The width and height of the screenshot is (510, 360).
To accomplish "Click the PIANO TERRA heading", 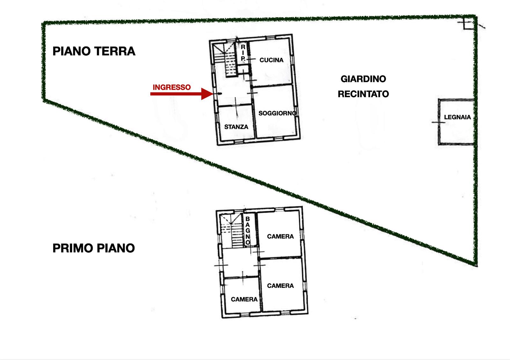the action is tap(94, 51).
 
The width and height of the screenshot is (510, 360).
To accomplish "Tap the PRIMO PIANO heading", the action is tap(94, 248).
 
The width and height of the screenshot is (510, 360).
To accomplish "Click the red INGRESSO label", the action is tap(172, 87).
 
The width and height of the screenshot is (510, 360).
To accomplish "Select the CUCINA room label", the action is tap(271, 60).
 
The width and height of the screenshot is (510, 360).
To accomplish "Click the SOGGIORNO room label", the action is tap(277, 113).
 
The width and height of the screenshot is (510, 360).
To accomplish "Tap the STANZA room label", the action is tap(236, 127).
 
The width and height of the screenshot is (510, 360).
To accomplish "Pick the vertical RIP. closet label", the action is tap(243, 53).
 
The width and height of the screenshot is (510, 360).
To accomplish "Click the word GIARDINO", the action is tap(363, 79).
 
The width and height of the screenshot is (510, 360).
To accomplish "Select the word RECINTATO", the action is tap(363, 94).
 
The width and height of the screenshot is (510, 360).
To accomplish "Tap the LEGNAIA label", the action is tap(457, 117).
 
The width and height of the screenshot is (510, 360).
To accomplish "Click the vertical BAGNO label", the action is tap(248, 231).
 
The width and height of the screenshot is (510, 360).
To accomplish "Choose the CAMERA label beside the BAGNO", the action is tap(280, 236).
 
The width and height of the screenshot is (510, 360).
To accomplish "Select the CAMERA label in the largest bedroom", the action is tap(280, 286).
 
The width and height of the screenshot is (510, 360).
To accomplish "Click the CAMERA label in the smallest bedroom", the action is tap(244, 299).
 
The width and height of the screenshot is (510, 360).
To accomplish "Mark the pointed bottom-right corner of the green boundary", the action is tap(476, 266).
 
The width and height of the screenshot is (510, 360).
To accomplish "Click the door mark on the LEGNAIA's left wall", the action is tap(439, 122).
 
